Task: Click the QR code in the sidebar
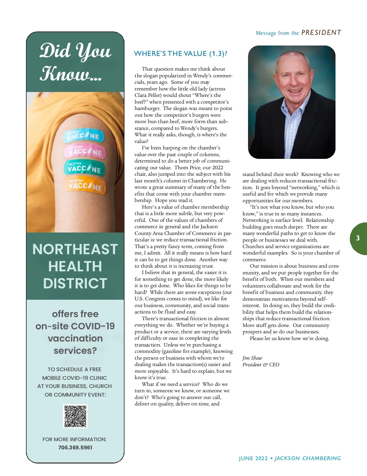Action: pyautogui.click(x=75, y=416)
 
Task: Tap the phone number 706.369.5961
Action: pyautogui.click(x=75, y=448)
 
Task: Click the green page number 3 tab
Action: pyautogui.click(x=358, y=238)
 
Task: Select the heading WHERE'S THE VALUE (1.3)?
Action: pyautogui.click(x=180, y=54)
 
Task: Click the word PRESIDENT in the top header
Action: pyautogui.click(x=321, y=33)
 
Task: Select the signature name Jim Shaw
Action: pyautogui.click(x=252, y=358)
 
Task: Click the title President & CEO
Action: pyautogui.click(x=261, y=365)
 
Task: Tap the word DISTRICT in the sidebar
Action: pyautogui.click(x=75, y=284)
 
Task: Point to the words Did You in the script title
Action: pyautogui.click(x=75, y=51)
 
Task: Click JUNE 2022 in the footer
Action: pyautogui.click(x=253, y=459)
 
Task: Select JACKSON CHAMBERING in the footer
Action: pyautogui.click(x=308, y=459)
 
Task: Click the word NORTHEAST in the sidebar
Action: pyautogui.click(x=75, y=249)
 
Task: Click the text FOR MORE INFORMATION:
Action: pyautogui.click(x=75, y=439)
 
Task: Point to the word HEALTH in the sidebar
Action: pyautogui.click(x=75, y=266)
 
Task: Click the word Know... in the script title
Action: pyautogui.click(x=71, y=74)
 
